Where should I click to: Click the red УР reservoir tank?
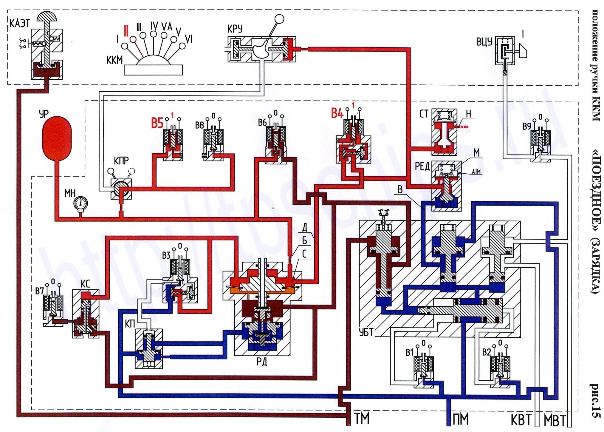[x=57, y=139]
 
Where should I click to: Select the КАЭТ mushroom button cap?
[x=47, y=17]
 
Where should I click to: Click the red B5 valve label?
[x=157, y=123]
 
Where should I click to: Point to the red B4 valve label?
[x=337, y=113]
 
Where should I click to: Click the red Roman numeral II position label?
[x=126, y=30]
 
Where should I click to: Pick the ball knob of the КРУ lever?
[x=279, y=19]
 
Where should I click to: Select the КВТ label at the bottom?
[x=521, y=420]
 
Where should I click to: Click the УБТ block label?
[x=366, y=332]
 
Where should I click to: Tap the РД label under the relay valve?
[x=262, y=362]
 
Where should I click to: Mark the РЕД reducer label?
[x=422, y=166]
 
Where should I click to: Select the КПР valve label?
[x=121, y=161]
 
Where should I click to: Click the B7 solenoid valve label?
[x=40, y=291]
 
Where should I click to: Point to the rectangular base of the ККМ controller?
[x=153, y=70]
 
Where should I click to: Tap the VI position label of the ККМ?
[x=189, y=39]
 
